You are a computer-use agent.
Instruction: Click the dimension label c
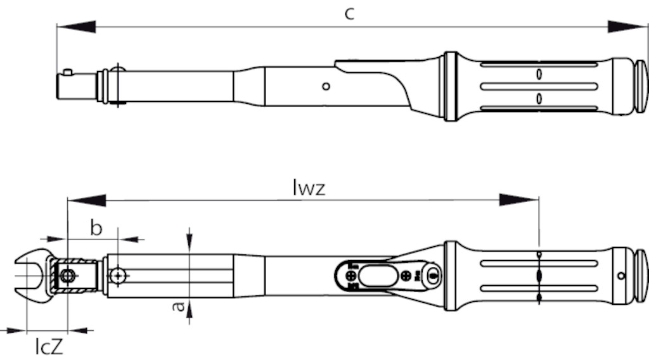pos(350,14)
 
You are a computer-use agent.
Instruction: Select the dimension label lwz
pos(309,188)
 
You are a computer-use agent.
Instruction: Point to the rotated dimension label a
pos(178,305)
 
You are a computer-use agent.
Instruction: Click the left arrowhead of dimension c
pos(76,27)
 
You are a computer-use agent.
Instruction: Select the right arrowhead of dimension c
pos(627,27)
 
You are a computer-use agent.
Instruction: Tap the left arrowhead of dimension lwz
pos(86,200)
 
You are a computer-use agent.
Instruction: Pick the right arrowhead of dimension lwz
pos(519,200)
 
